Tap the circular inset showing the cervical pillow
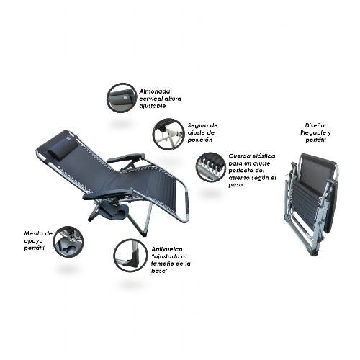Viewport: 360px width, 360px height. (122, 99)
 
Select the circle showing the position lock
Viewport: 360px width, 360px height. (168, 134)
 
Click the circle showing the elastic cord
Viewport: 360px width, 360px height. (211, 167)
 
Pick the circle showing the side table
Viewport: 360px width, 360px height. (68, 241)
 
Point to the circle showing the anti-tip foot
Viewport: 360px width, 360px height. (130, 255)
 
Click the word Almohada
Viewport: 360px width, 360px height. (155, 91)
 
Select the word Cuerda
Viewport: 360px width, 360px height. (238, 156)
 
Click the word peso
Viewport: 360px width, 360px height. (235, 185)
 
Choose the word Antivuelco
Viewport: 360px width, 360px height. (167, 249)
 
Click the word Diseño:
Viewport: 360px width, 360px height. (316, 125)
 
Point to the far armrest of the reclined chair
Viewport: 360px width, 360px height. (127, 158)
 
